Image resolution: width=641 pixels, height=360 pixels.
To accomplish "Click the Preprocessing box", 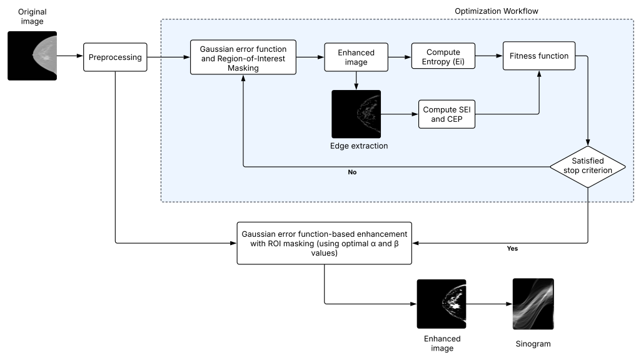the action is [x=115, y=57].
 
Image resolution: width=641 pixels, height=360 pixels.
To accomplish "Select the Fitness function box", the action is [x=539, y=56].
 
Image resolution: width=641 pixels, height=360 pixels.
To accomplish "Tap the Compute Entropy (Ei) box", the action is [x=443, y=56].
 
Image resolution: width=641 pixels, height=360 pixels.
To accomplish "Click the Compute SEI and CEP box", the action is [x=447, y=114].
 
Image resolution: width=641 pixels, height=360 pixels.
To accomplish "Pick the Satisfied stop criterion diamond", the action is [x=588, y=167].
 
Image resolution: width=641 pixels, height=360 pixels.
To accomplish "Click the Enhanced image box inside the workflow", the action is [x=356, y=57].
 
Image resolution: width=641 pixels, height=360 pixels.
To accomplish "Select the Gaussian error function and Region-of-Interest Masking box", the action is [x=243, y=57].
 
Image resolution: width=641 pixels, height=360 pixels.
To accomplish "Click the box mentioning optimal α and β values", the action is [x=324, y=243].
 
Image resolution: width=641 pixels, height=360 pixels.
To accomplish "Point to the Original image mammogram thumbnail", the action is [x=33, y=56].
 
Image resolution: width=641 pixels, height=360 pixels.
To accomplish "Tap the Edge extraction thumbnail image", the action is [x=356, y=114].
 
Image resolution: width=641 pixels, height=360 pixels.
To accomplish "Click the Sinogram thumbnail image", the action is [x=533, y=304].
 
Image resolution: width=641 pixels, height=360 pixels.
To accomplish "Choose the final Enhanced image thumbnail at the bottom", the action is [x=442, y=304].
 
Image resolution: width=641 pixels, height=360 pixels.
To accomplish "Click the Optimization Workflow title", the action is [x=497, y=11].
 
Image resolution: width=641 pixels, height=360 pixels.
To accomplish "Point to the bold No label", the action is [x=352, y=172].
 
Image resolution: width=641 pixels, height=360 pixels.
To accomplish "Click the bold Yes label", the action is [x=512, y=249].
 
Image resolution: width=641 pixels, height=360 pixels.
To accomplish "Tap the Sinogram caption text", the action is [x=533, y=344].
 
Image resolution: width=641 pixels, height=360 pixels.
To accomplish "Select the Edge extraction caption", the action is [x=359, y=146].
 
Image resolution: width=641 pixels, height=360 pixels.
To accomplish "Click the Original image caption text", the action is [x=33, y=16].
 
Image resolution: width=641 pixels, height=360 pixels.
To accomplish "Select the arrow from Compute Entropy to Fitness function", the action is [x=489, y=56].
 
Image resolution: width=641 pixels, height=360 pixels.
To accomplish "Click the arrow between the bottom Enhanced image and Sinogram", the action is [x=489, y=304].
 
